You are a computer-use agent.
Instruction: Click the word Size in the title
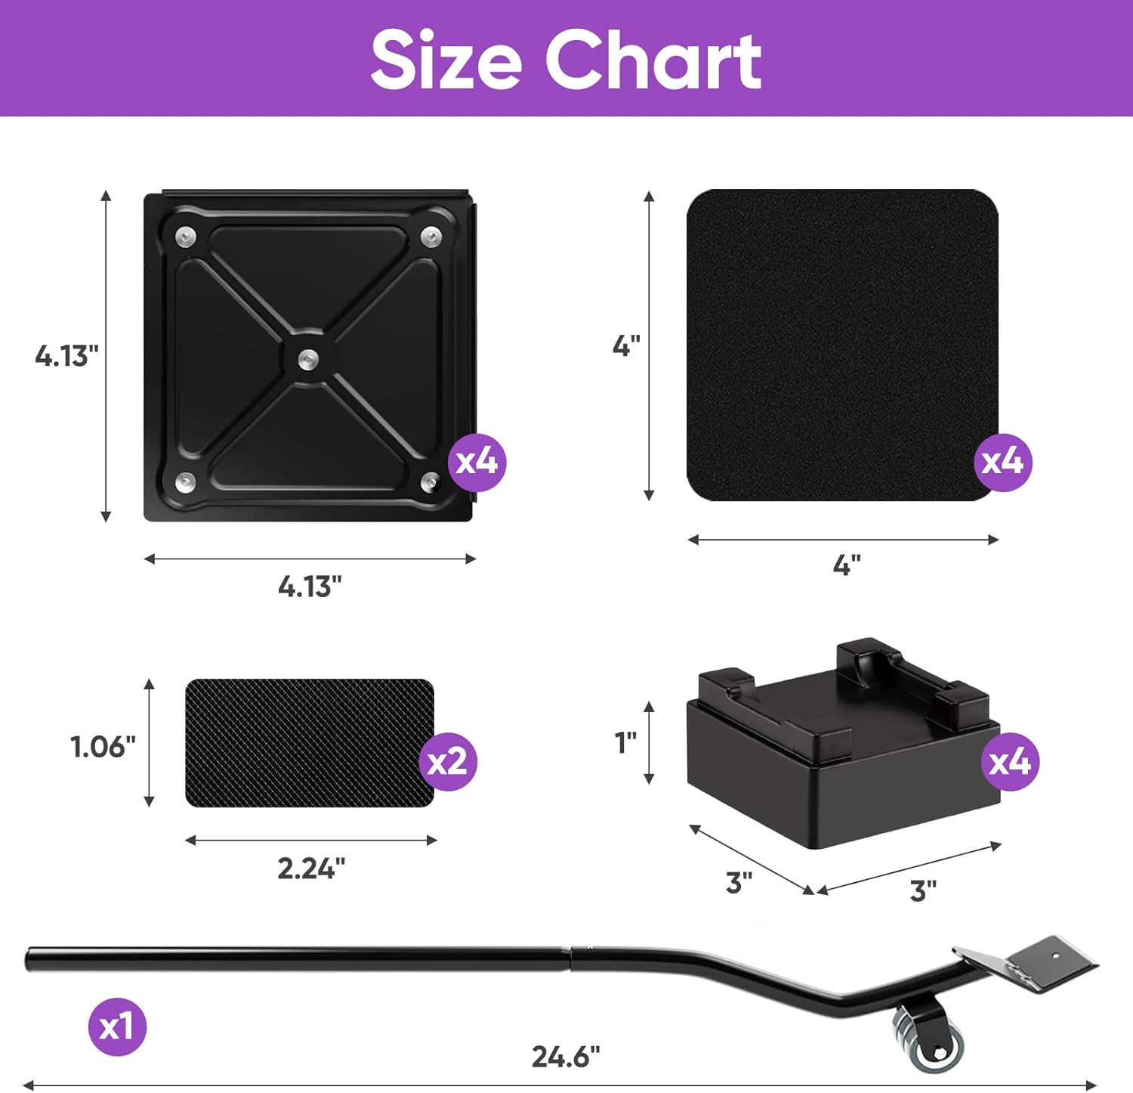(x=446, y=60)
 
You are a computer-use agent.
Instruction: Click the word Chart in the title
(x=653, y=60)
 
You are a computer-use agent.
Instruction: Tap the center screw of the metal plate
(x=307, y=358)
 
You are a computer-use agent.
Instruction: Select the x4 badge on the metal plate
(x=477, y=461)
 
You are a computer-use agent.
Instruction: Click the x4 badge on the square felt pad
(x=1002, y=461)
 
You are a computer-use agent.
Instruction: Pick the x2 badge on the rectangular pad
(x=447, y=761)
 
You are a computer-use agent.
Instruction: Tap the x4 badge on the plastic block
(x=1010, y=761)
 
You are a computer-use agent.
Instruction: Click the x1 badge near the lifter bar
(x=117, y=1026)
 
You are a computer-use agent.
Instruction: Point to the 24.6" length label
(x=566, y=1057)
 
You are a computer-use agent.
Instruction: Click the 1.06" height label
(x=103, y=747)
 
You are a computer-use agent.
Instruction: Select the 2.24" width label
(x=311, y=869)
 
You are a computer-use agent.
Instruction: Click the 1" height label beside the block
(x=625, y=743)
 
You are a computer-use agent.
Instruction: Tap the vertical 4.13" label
(x=66, y=355)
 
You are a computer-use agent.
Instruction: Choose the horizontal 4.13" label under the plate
(x=310, y=587)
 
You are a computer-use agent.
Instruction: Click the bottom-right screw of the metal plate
(x=430, y=481)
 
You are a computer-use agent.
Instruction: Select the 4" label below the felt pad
(x=847, y=565)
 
